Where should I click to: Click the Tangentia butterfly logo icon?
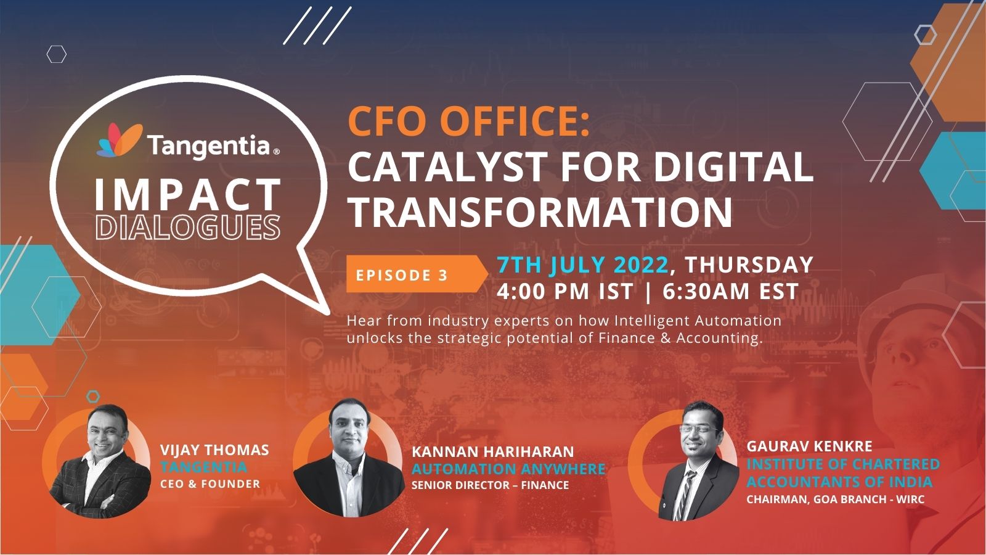tap(120, 141)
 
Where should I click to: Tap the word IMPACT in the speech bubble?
tap(188, 195)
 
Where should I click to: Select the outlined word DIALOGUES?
tap(188, 228)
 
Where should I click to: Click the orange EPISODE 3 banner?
tap(417, 274)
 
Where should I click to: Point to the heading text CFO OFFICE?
tap(469, 122)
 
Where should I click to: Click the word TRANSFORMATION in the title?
tap(540, 212)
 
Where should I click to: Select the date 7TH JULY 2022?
tap(583, 265)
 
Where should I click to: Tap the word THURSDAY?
tap(749, 265)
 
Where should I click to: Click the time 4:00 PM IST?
tap(564, 291)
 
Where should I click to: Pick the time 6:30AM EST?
tap(731, 291)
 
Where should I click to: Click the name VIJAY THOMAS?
tap(214, 450)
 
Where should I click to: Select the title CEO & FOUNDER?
tap(210, 483)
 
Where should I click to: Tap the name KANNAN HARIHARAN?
tap(492, 451)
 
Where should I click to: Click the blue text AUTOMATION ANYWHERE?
tap(508, 469)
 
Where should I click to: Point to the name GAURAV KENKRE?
tap(809, 446)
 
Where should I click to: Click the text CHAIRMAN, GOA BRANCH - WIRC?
tap(835, 499)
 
